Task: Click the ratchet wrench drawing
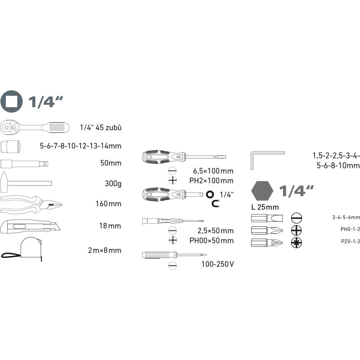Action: tap(35, 127)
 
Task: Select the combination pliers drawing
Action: tap(31, 205)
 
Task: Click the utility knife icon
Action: tap(30, 226)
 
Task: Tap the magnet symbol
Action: tap(216, 203)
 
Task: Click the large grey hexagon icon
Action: tap(262, 190)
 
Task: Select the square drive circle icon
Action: tap(12, 102)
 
